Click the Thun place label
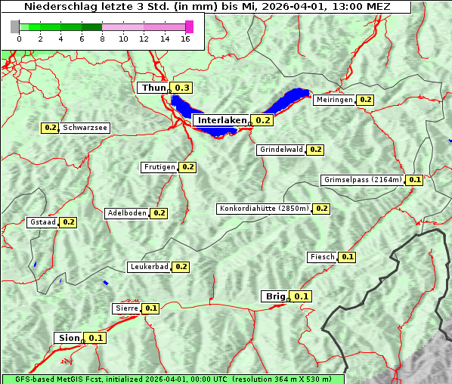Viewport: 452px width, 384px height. (x=153, y=88)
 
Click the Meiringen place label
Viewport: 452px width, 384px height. (x=334, y=100)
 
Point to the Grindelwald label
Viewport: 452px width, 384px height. (x=281, y=150)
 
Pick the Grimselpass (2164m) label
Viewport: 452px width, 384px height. (x=363, y=180)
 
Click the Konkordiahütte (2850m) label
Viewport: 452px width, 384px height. (x=264, y=209)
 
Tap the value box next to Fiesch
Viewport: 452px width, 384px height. (x=348, y=257)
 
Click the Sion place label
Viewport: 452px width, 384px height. (x=67, y=338)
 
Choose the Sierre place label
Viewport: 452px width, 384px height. (x=127, y=308)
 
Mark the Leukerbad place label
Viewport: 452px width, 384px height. (x=149, y=267)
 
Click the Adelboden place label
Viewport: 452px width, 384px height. (x=127, y=213)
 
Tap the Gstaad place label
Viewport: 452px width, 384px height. (x=43, y=222)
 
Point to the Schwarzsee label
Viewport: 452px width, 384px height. (x=85, y=128)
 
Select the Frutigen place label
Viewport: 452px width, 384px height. (x=159, y=167)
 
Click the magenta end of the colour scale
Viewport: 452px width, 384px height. (x=189, y=27)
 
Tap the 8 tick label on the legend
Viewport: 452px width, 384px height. (x=102, y=39)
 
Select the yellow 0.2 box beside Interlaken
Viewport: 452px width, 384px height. (x=262, y=120)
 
